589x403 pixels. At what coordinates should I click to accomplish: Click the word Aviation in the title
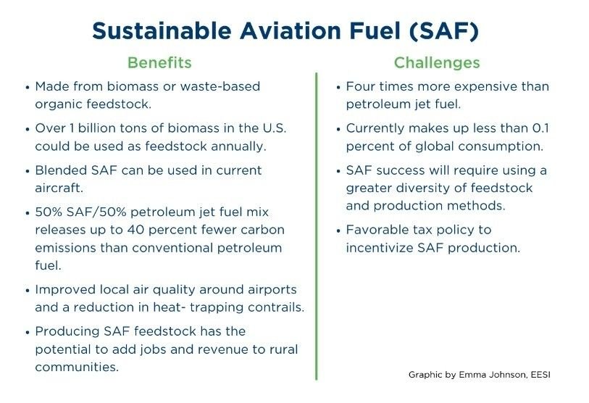click(290, 30)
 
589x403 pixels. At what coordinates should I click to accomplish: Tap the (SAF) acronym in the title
click(444, 31)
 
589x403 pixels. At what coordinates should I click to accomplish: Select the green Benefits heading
click(159, 62)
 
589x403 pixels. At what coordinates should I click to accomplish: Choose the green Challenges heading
click(437, 63)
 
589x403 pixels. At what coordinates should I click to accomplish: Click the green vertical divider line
click(317, 226)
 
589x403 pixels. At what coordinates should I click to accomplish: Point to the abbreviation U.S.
click(275, 128)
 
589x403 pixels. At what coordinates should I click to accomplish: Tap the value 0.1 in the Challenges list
click(541, 128)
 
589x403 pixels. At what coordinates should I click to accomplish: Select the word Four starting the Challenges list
click(360, 86)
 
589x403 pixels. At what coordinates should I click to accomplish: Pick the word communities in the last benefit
click(77, 367)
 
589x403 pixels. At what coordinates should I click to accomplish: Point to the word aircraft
click(59, 188)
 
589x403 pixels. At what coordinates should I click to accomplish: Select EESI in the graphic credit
click(540, 375)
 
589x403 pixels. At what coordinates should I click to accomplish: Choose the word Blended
click(62, 170)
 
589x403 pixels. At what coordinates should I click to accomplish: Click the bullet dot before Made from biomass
click(28, 88)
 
